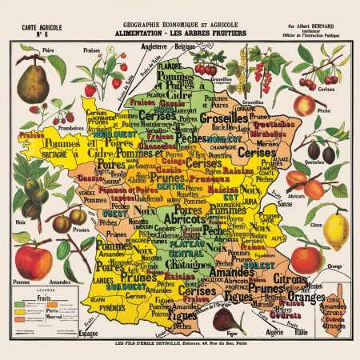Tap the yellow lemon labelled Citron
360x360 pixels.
[x=335, y=230]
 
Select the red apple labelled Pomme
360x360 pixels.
[x=33, y=262]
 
